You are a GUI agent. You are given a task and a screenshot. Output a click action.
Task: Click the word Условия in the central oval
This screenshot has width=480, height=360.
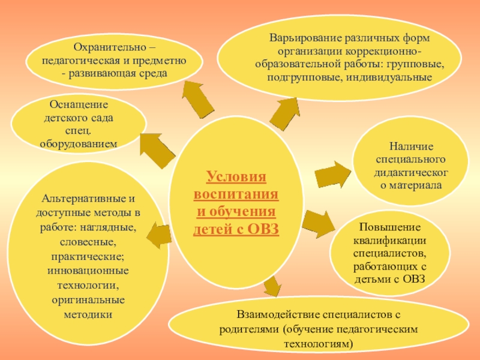[x=236, y=178]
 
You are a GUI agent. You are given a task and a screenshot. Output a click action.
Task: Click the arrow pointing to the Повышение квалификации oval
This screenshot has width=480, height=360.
[x=320, y=223]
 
